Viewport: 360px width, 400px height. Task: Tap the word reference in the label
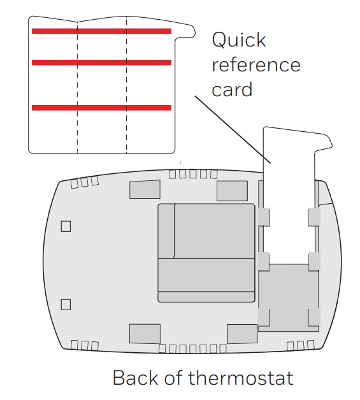tap(256, 65)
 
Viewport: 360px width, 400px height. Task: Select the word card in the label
tap(232, 89)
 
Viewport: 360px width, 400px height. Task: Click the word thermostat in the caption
tap(241, 378)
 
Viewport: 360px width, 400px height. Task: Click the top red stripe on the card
tap(101, 31)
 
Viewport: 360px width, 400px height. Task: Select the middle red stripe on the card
tap(101, 62)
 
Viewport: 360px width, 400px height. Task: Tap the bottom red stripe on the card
tap(101, 108)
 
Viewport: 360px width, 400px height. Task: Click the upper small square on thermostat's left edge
tap(65, 226)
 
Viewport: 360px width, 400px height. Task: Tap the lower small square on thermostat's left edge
tap(65, 304)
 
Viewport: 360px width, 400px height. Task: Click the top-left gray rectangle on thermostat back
tap(145, 190)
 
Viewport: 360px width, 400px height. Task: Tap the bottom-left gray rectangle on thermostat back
tap(145, 333)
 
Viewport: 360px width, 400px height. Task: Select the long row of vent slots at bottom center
tap(191, 349)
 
